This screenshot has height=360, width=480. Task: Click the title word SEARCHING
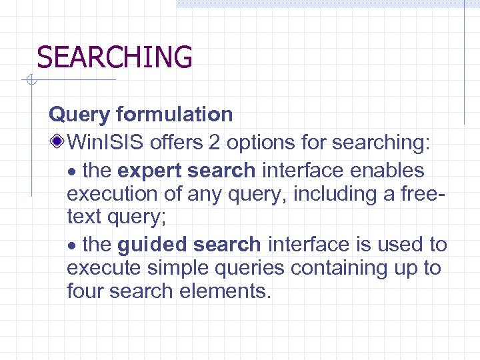pos(114,57)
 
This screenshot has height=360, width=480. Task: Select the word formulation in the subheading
pos(174,115)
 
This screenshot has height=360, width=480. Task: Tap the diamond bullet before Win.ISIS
pos(59,142)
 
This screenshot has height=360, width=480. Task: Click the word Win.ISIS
pos(107,142)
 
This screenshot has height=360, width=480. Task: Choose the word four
pos(87,291)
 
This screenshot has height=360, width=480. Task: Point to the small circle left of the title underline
pos(29,81)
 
